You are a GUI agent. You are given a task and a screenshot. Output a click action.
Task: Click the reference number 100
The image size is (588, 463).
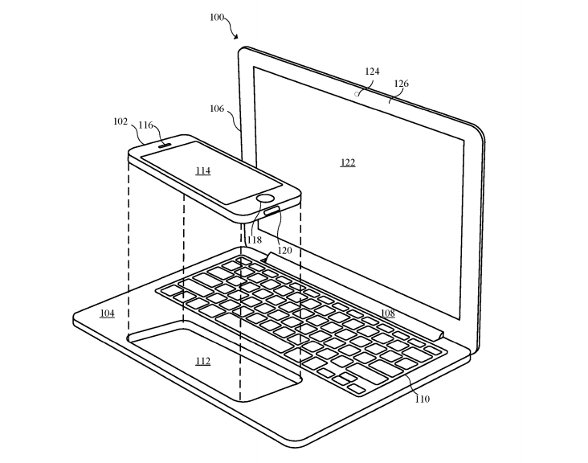(217, 17)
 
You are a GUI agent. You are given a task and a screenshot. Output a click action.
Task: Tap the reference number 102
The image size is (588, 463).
(120, 121)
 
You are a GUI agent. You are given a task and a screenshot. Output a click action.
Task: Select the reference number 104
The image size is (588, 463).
(108, 313)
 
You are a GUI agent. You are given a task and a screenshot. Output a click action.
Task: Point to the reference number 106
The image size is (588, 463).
(217, 109)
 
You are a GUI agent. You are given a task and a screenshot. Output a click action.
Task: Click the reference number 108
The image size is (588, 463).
(388, 313)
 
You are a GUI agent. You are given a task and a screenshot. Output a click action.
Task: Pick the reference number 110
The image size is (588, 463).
(423, 399)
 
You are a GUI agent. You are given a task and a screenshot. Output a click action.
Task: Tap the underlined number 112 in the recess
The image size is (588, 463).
(203, 361)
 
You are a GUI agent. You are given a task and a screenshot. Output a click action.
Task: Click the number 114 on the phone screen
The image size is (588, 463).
(203, 171)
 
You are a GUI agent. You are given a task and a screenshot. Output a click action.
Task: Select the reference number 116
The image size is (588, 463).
(146, 125)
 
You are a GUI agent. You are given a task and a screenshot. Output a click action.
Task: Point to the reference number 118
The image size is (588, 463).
(255, 240)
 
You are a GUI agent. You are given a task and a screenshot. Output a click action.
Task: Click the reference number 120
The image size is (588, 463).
(284, 250)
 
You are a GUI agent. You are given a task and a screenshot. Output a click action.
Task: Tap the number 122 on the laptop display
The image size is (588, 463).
(348, 162)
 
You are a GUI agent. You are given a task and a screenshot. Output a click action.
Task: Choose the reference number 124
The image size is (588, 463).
(372, 72)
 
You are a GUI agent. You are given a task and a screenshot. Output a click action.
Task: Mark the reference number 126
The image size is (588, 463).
(401, 84)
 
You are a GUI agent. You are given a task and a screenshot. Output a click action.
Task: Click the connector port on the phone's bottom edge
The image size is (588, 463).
(272, 211)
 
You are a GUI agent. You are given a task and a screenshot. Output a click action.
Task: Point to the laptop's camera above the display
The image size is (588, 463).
(357, 94)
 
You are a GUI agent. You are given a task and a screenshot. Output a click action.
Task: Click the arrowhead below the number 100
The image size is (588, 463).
(235, 36)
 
